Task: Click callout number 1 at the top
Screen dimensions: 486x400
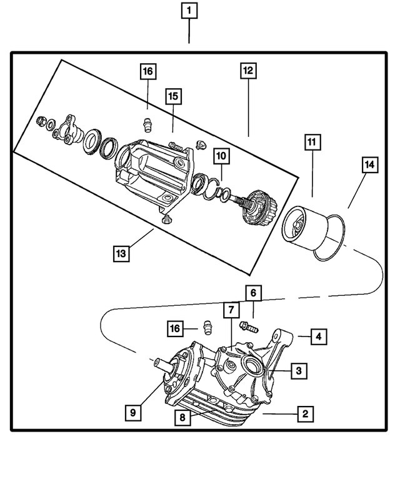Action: [189, 11]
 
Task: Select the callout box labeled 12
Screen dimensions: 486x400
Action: [248, 71]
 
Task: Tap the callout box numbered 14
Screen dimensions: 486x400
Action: [369, 165]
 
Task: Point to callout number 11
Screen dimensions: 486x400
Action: [311, 141]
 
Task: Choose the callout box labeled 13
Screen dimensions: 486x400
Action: [121, 253]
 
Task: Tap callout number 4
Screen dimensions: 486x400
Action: [318, 337]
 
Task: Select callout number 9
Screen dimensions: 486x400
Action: [132, 412]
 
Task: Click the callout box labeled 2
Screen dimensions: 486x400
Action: [305, 413]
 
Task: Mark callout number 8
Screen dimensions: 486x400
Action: [182, 418]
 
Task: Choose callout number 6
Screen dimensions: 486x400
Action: [253, 292]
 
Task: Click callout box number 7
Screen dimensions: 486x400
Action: [231, 310]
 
